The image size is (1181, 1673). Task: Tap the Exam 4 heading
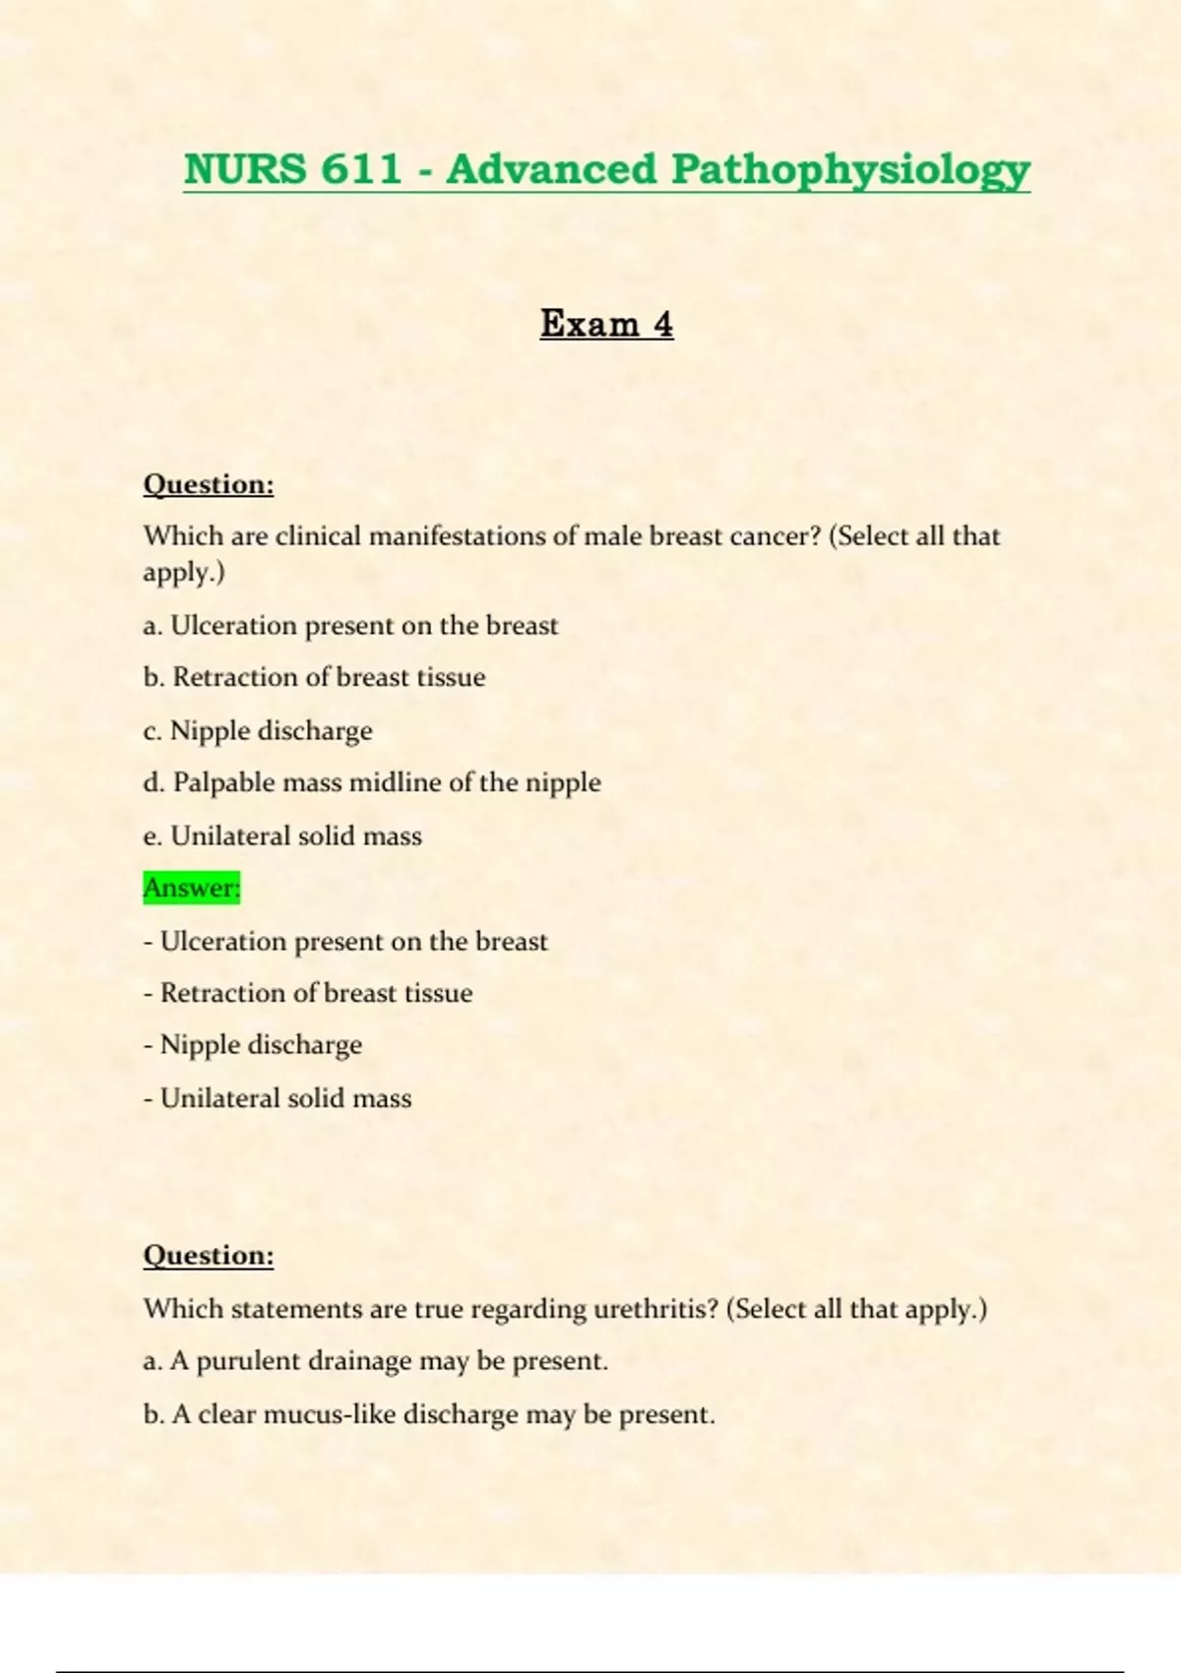click(606, 324)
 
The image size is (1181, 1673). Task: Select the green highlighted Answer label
click(192, 888)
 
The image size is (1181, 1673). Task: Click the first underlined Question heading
click(209, 484)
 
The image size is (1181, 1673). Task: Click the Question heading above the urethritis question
click(209, 1255)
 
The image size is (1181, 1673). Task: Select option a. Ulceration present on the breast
click(350, 626)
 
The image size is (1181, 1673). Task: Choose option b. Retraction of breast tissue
click(314, 677)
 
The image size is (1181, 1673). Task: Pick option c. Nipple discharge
click(258, 730)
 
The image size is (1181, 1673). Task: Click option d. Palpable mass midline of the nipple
click(372, 782)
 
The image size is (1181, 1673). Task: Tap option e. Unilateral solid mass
click(282, 836)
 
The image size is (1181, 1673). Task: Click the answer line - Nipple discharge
click(253, 1044)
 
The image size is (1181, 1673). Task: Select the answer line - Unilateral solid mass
click(278, 1097)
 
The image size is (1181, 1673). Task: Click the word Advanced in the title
click(551, 169)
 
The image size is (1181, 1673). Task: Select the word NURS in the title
click(245, 169)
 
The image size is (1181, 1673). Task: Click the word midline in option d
click(396, 782)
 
